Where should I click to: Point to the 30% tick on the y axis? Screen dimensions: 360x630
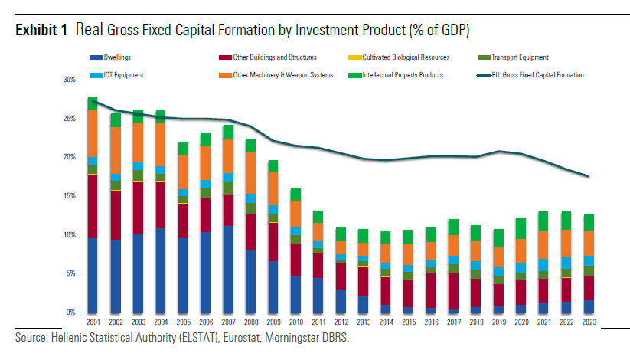[x=70, y=80]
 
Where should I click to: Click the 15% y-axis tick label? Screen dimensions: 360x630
[x=70, y=196]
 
